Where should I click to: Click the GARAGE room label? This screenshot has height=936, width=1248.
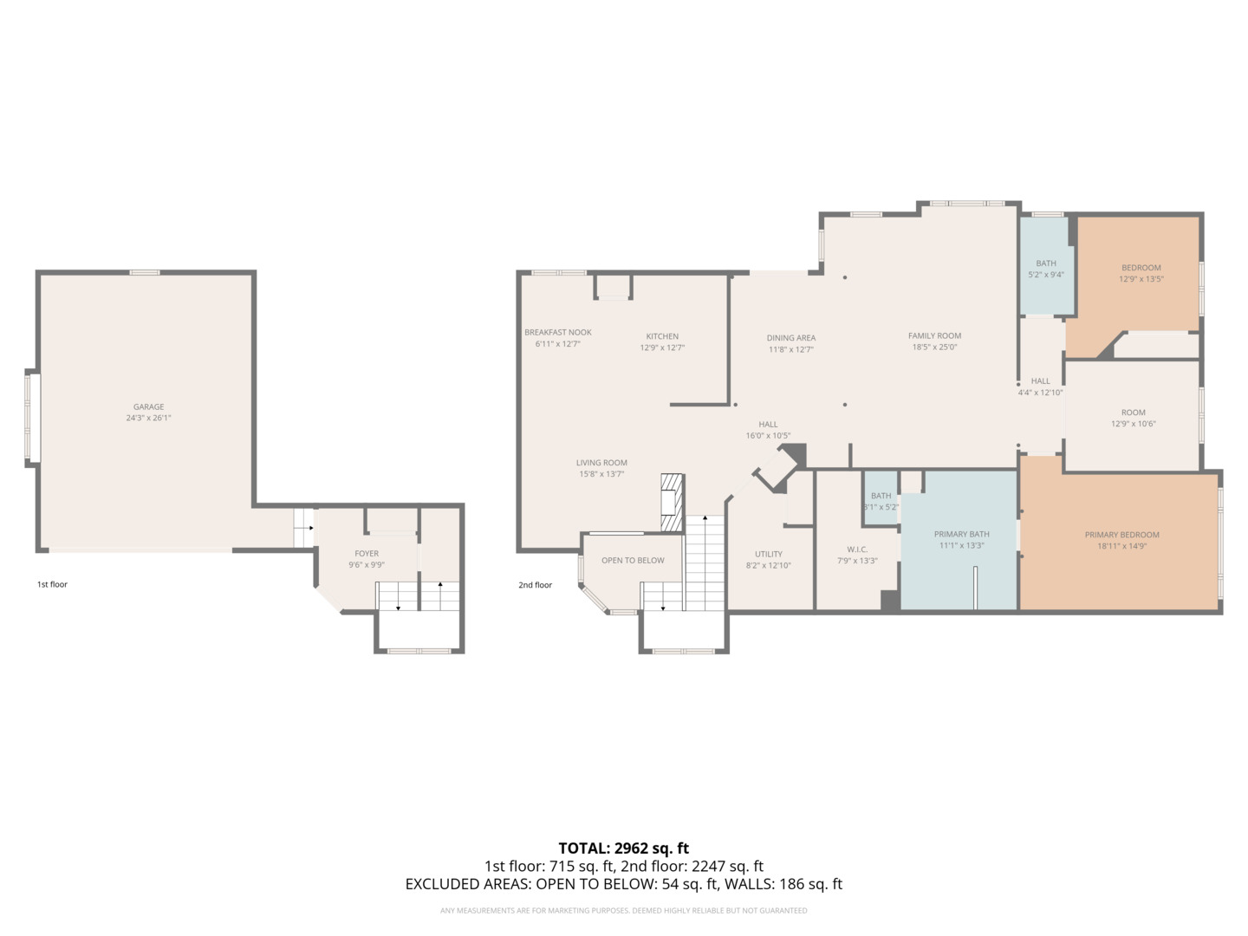tap(148, 406)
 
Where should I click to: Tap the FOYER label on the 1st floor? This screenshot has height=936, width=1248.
tap(367, 553)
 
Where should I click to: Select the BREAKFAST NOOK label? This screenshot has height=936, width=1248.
tap(557, 332)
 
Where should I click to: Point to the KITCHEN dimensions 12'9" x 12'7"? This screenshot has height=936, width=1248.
tap(662, 348)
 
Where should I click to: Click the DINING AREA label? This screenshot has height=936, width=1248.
tap(790, 338)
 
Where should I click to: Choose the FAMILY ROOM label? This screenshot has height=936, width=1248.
tap(934, 335)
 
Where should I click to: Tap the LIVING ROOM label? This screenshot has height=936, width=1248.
tap(601, 463)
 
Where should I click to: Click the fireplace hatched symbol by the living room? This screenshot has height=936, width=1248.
tap(673, 502)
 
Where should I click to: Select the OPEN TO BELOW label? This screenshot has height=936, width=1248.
tap(633, 561)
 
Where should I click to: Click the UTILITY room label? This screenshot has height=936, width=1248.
tap(768, 554)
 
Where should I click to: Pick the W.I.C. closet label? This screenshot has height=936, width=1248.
tap(857, 549)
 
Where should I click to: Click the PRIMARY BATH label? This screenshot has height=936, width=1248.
tap(961, 534)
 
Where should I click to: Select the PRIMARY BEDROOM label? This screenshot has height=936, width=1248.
tap(1121, 535)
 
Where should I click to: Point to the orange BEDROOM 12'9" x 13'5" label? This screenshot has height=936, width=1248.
tap(1141, 268)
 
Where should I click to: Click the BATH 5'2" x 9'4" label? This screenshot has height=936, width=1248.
tap(1046, 263)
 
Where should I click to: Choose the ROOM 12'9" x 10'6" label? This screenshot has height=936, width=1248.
tap(1133, 413)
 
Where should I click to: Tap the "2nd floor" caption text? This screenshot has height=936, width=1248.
tap(535, 585)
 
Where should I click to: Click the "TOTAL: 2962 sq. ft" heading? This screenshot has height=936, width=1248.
tap(623, 848)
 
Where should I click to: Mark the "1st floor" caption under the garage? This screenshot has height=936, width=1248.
tap(52, 584)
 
